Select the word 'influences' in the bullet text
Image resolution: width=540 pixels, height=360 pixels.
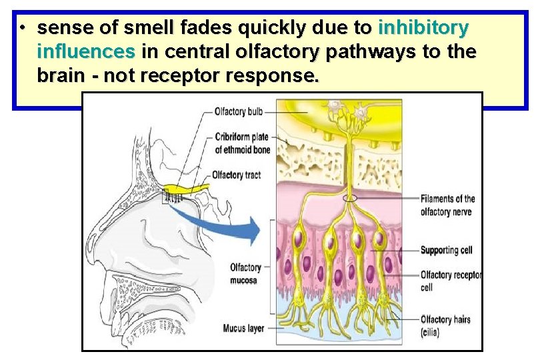pyautogui.click(x=87, y=52)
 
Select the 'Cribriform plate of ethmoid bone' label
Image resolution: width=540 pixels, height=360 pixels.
pyautogui.click(x=242, y=143)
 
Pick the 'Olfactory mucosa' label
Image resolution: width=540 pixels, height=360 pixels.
pyautogui.click(x=246, y=273)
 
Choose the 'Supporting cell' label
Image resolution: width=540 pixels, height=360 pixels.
pyautogui.click(x=446, y=250)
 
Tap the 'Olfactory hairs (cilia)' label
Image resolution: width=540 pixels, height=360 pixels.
pyautogui.click(x=445, y=325)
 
